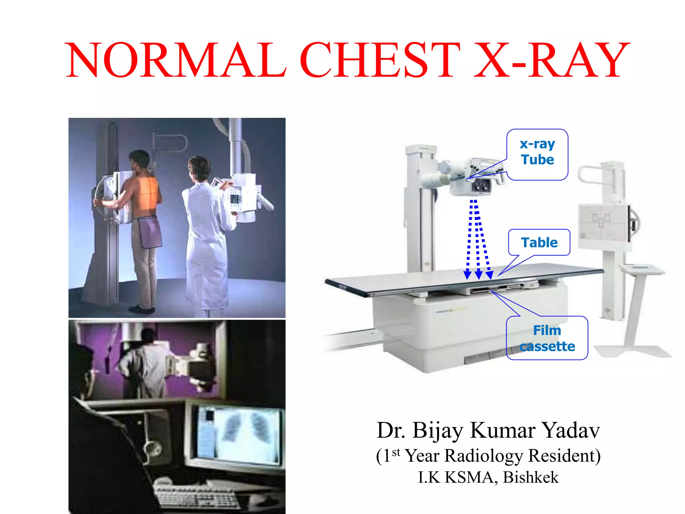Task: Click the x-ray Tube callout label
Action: click(537, 152)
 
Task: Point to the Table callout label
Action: click(539, 242)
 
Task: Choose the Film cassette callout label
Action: click(547, 338)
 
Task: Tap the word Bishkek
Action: click(530, 477)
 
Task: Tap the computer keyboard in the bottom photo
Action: click(197, 495)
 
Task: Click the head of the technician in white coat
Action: click(199, 167)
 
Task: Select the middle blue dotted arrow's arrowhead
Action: click(478, 275)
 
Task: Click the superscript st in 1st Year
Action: click(396, 453)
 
